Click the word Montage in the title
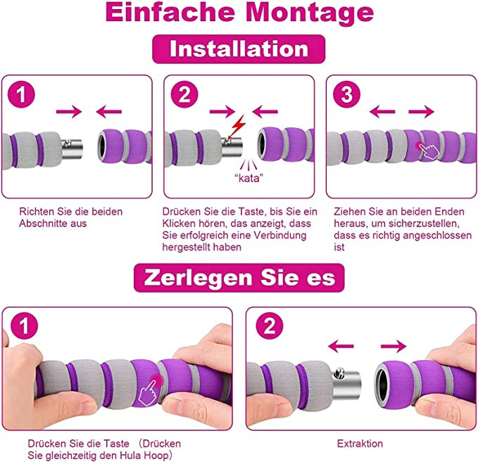click(x=309, y=13)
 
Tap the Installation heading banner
click(x=239, y=49)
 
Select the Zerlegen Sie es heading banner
click(x=239, y=278)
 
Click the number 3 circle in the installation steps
click(x=346, y=94)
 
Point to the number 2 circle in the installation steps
click(x=184, y=94)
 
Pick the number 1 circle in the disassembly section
click(x=24, y=326)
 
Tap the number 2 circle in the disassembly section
click(x=270, y=326)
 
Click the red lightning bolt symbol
click(x=239, y=126)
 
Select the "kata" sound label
click(x=249, y=177)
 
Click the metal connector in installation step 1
click(x=72, y=148)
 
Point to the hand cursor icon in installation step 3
click(x=429, y=150)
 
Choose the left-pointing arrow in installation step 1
click(x=109, y=112)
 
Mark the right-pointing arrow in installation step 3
click(x=421, y=112)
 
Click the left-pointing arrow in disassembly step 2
click(x=341, y=346)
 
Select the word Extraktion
click(x=360, y=444)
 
